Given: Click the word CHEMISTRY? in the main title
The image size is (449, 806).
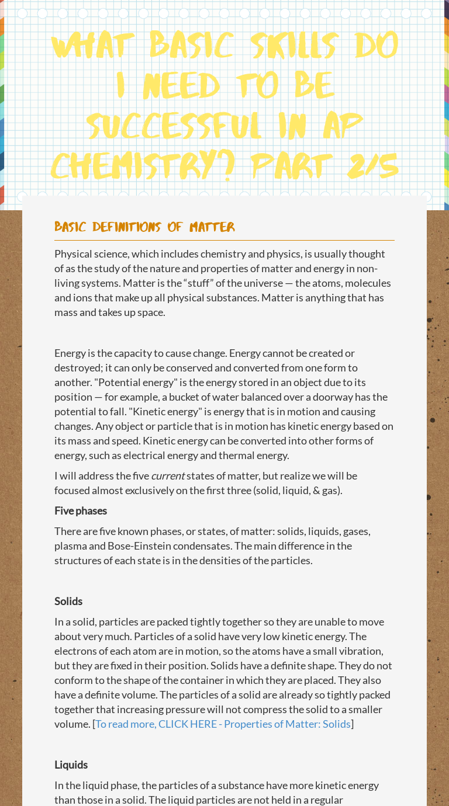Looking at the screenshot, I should [143, 166].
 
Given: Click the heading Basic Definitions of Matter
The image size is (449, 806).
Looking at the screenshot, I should [144, 227].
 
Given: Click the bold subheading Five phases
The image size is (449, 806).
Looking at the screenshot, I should [81, 511].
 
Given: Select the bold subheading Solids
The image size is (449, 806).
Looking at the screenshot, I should [68, 602].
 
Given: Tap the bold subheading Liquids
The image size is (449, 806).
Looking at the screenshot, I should [71, 765].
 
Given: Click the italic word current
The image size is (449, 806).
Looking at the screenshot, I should [168, 476].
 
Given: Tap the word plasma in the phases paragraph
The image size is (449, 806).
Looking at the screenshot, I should [70, 546].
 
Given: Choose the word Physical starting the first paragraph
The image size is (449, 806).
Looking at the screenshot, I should [73, 254].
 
